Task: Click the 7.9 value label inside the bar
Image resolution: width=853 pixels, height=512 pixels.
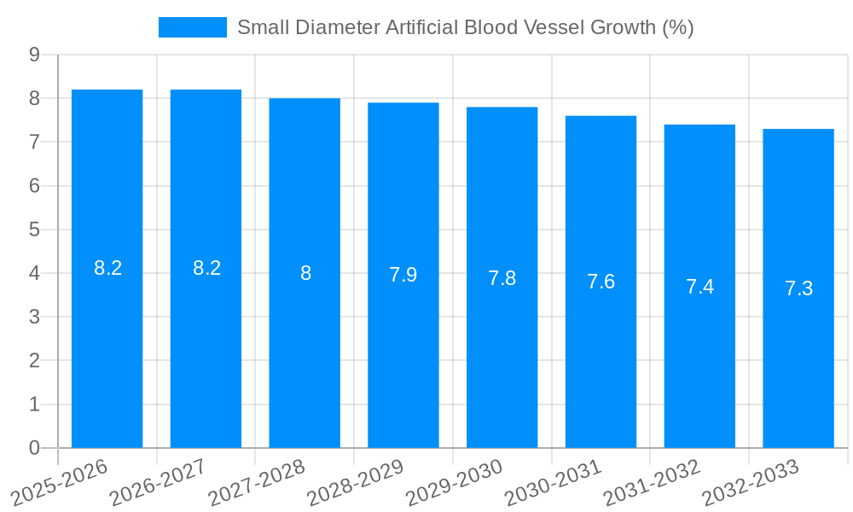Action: [x=403, y=275]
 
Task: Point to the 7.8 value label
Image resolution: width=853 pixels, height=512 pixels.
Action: [x=502, y=278]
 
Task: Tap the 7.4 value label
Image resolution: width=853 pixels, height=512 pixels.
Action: [x=699, y=287]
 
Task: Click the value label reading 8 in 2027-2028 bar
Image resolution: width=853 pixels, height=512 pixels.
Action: [x=305, y=273]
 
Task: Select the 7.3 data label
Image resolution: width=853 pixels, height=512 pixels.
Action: [x=798, y=288]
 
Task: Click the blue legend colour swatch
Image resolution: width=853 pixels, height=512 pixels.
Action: [x=192, y=27]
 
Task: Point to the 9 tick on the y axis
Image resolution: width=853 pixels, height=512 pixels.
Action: [x=34, y=55]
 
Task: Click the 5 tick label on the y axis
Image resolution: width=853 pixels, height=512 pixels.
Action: [x=34, y=230]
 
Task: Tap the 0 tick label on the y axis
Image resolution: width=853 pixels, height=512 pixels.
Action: [x=34, y=448]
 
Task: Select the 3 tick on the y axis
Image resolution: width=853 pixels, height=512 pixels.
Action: [x=34, y=317]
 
